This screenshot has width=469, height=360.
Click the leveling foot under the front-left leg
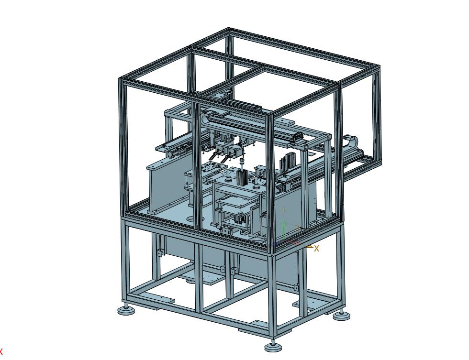126,310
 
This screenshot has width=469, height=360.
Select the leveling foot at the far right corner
341,315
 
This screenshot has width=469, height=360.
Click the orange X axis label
316,248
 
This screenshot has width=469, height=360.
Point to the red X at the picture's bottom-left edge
1,351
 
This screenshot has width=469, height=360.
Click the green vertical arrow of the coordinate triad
284,220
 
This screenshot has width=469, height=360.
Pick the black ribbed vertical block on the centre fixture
241,178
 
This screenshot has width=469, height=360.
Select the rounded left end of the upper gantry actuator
204,119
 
